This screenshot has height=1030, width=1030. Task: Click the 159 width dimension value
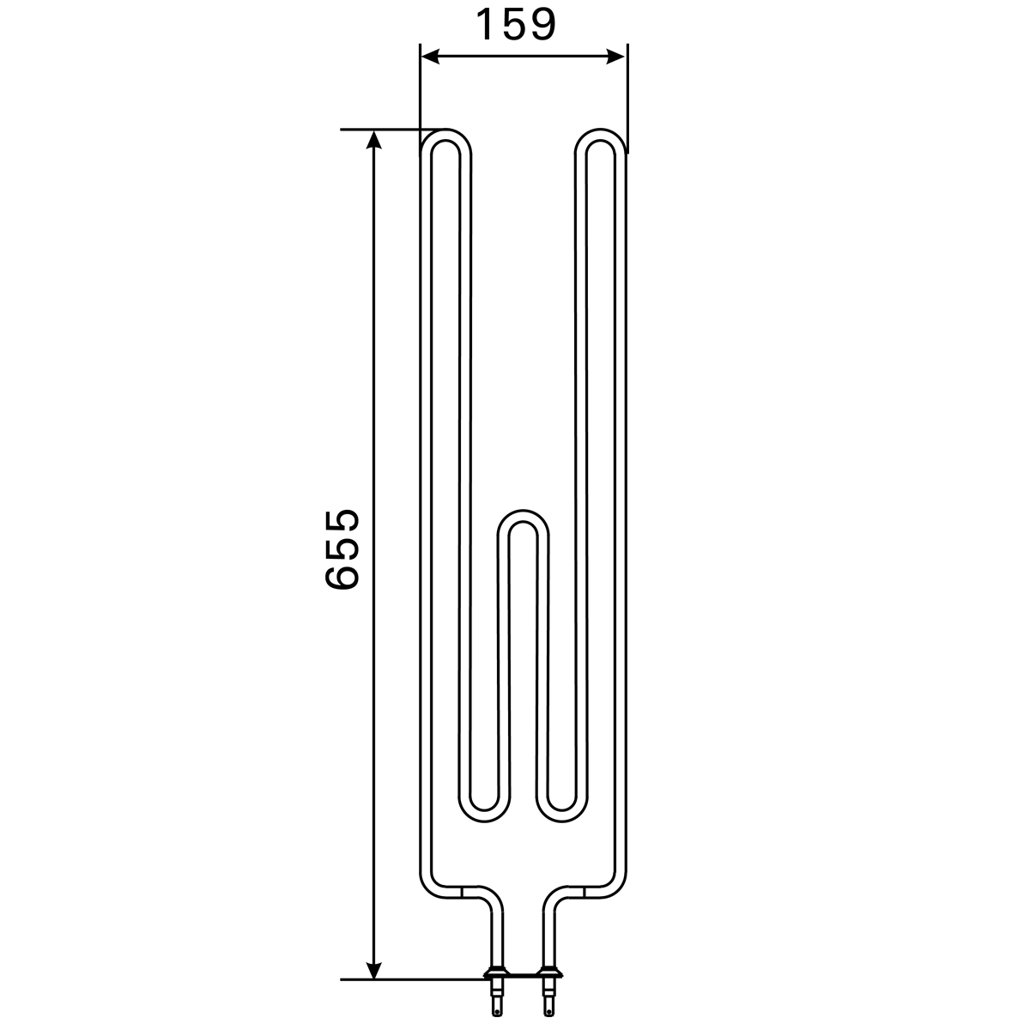coord(517,25)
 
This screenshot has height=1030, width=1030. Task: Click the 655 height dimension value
coord(342,549)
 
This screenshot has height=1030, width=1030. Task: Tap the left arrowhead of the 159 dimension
coord(429,56)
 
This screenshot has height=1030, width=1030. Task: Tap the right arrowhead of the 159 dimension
coord(615,56)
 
